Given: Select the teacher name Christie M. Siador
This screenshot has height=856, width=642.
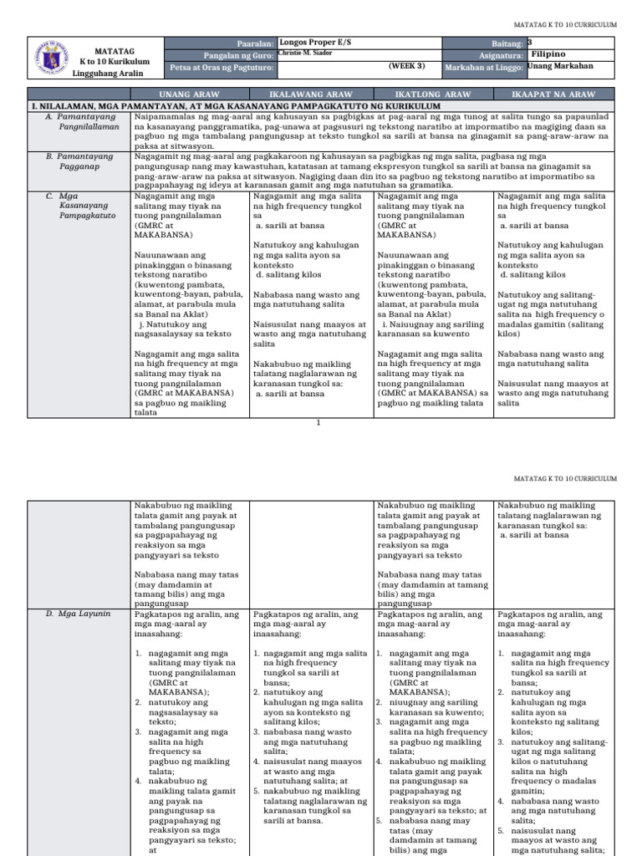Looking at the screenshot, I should pos(306,52).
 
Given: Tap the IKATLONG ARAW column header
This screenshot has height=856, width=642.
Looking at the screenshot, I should pos(434,95).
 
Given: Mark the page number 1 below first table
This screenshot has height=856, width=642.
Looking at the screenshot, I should pos(319,422).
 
